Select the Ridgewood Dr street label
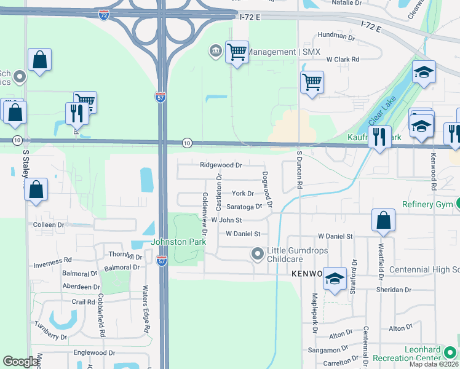tap(221, 165)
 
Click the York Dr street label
tap(242, 194)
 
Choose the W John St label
tap(226, 220)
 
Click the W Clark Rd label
tap(343, 60)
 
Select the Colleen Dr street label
tap(49, 225)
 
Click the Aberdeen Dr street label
tap(81, 287)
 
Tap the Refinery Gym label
tap(427, 204)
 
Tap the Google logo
tap(20, 362)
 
